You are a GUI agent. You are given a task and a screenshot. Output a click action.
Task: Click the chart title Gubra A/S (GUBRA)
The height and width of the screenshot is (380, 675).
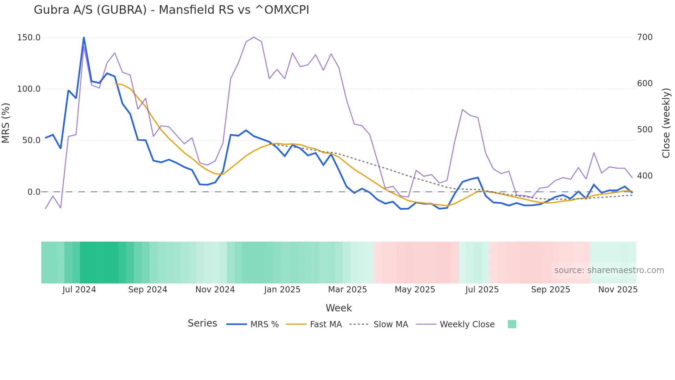[171, 10]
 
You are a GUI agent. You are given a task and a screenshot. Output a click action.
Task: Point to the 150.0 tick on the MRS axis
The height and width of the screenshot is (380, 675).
[29, 38]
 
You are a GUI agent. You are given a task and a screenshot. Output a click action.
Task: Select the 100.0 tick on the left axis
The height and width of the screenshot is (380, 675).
[29, 89]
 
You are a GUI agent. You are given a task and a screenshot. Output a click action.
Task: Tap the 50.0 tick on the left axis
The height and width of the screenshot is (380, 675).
[31, 140]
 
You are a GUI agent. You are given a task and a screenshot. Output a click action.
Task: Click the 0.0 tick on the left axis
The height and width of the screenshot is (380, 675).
[34, 192]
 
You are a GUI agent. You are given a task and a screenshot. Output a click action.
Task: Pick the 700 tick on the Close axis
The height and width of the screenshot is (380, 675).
[645, 37]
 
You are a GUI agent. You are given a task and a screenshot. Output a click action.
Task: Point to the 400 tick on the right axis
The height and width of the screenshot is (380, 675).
[645, 176]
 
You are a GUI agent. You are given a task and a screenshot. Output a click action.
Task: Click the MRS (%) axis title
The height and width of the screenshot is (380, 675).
[6, 123]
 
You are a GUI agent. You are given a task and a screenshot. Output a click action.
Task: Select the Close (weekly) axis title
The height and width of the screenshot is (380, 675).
[666, 123]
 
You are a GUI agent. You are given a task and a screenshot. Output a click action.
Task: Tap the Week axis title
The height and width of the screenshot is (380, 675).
[339, 308]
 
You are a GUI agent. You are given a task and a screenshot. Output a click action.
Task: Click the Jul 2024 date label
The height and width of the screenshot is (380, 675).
[79, 290]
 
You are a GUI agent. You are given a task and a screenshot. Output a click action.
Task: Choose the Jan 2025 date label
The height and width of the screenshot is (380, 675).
[282, 290]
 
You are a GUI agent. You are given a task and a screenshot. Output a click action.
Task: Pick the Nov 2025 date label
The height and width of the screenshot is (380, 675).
[618, 290]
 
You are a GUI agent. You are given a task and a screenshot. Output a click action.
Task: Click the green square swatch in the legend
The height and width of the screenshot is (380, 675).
[512, 324]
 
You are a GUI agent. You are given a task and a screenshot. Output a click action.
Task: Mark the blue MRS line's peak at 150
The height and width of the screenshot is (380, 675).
[84, 38]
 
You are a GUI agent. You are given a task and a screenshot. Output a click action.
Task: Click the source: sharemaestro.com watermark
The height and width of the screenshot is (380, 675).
[609, 270]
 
